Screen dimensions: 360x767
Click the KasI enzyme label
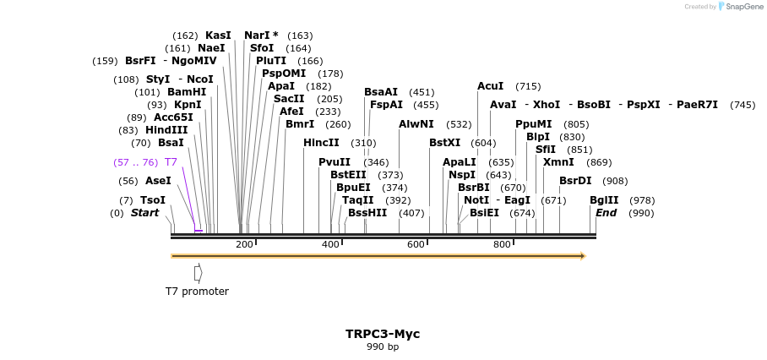click(x=218, y=35)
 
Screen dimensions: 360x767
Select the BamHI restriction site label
click(x=187, y=92)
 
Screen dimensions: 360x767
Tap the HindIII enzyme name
click(x=166, y=130)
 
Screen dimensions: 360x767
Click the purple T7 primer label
click(x=171, y=162)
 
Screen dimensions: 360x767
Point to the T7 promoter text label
click(x=197, y=292)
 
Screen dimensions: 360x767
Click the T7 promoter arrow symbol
click(x=198, y=273)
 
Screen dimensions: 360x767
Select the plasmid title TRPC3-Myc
click(x=383, y=334)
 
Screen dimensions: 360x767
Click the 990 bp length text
click(x=383, y=346)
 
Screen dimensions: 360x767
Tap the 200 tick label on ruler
click(x=244, y=244)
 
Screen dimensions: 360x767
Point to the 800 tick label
click(x=502, y=244)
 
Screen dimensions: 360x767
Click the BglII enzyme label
click(x=604, y=200)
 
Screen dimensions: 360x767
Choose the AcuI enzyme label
click(x=490, y=86)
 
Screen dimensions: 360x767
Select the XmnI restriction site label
click(x=558, y=162)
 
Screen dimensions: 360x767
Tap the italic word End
click(x=606, y=213)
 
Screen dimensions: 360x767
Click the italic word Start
click(x=144, y=213)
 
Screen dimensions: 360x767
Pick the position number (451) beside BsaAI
click(x=422, y=92)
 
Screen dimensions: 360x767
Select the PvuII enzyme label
click(x=335, y=162)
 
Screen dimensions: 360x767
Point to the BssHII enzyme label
click(x=367, y=213)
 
